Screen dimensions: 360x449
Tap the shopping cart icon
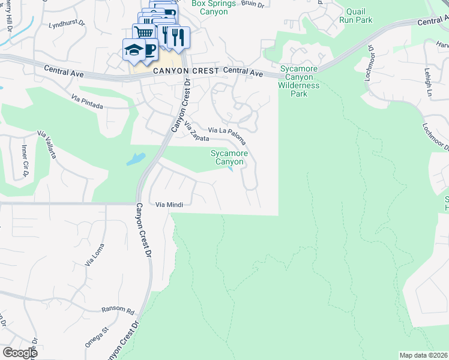(143, 33)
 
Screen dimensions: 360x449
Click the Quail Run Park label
(355, 16)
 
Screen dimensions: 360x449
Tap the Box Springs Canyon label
(210, 7)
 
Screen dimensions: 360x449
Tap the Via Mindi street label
(169, 205)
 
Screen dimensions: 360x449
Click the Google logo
(20, 353)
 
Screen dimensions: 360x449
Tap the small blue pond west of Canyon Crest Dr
(136, 160)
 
